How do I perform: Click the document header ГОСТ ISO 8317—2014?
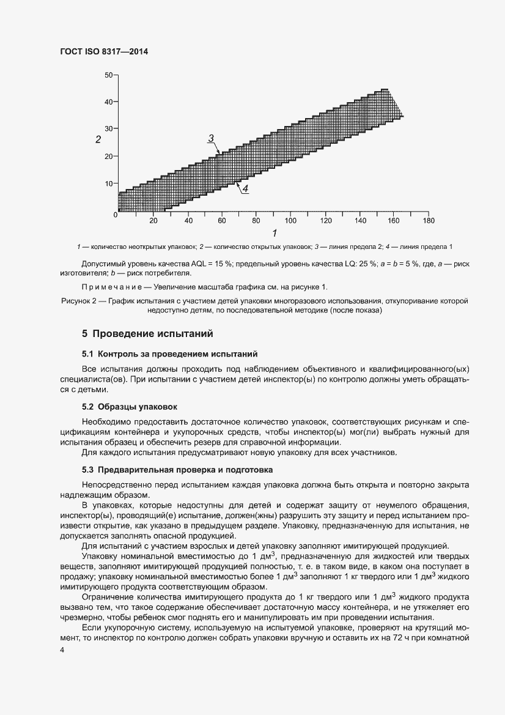coord(105,52)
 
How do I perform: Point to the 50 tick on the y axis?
coord(109,75)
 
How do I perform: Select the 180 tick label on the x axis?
coord(429,221)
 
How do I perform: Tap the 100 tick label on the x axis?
coord(290,221)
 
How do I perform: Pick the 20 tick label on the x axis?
coord(153,221)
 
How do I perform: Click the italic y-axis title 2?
coord(97,140)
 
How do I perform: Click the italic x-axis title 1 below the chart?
coord(275,233)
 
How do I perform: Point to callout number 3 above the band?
coord(210,138)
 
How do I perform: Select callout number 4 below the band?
coord(245,190)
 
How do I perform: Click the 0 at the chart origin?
coord(115,215)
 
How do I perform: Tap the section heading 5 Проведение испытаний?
coord(147,334)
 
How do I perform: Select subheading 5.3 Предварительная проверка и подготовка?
coord(177,469)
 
